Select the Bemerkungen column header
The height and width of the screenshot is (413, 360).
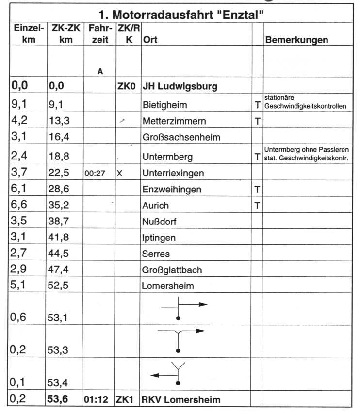296,40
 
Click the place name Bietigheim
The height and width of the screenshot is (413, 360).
165,105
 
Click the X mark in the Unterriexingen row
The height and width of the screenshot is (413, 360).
119,173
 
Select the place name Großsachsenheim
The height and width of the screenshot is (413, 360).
181,137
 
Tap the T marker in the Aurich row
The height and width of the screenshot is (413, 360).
258,206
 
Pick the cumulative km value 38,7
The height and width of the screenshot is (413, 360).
60,222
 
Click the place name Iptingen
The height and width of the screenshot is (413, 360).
159,238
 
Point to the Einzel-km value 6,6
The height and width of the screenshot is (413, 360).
20,206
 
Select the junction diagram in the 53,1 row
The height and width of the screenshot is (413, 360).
184,309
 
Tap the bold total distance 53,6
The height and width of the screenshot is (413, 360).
60,399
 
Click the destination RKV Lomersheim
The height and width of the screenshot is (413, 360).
181,400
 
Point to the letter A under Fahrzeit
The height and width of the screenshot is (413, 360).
100,71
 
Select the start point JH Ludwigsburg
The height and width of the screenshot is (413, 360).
180,87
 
